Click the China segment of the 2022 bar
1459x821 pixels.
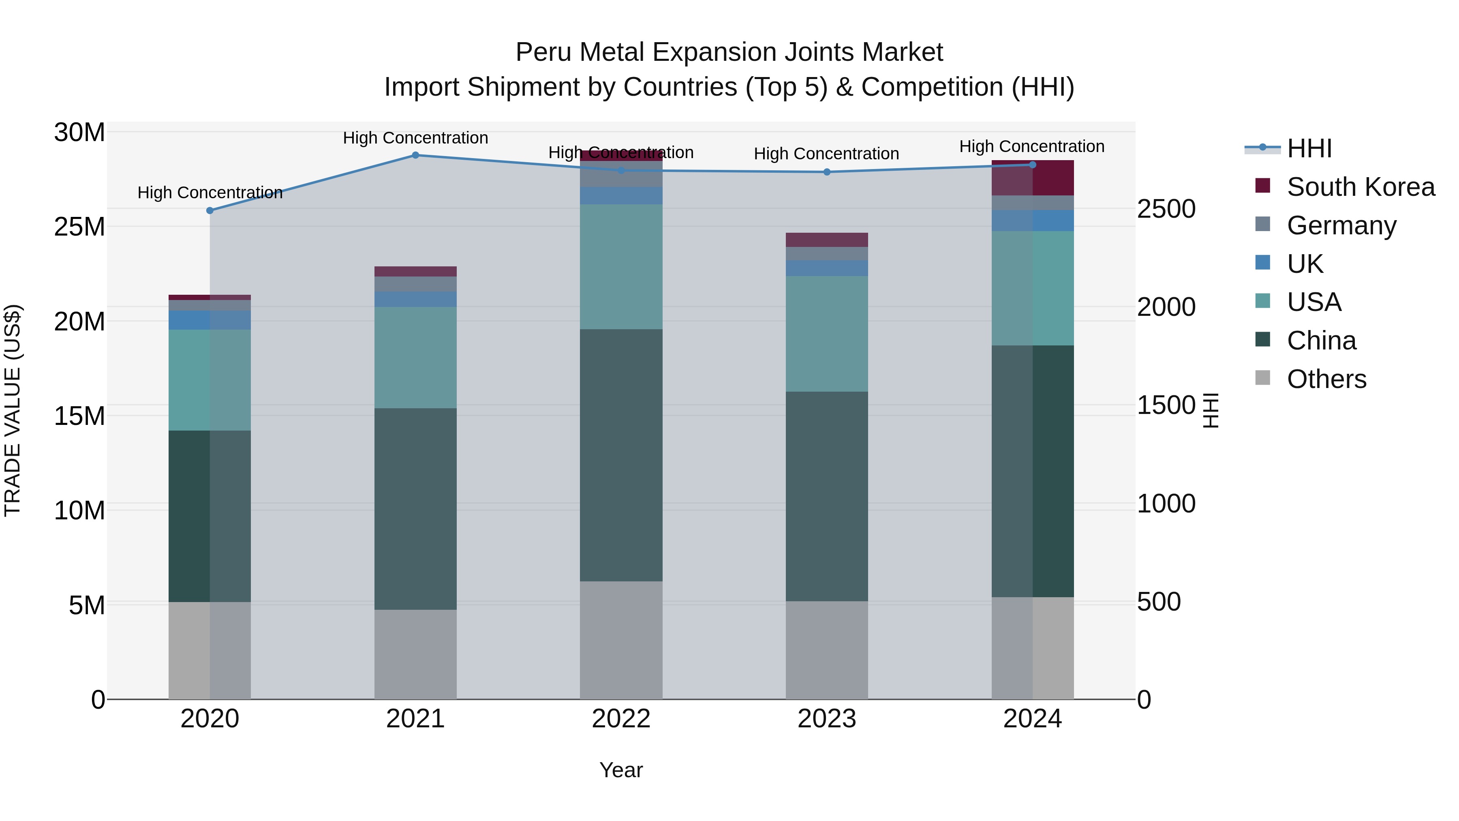click(621, 455)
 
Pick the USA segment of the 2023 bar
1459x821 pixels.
click(826, 334)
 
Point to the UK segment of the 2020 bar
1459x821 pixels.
click(210, 320)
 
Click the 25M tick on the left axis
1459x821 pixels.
click(79, 227)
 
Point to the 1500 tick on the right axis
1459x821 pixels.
click(1166, 406)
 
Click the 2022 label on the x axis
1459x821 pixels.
click(621, 719)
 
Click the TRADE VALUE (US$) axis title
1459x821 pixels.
click(13, 410)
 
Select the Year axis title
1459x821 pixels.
click(621, 770)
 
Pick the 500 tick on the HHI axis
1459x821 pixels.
click(1159, 602)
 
